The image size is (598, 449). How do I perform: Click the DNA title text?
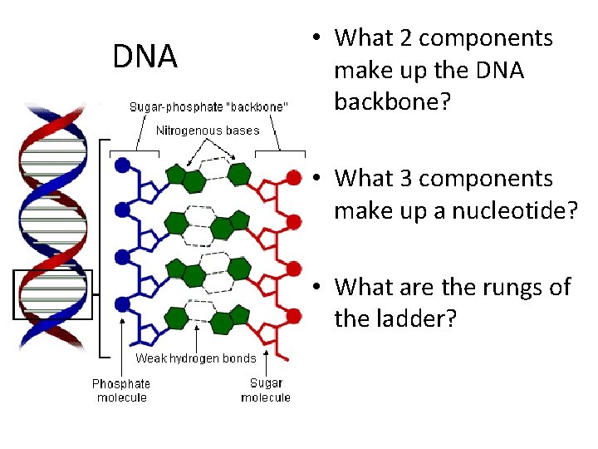145,57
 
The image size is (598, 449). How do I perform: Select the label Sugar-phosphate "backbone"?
209,107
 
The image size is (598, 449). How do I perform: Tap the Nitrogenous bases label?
208,130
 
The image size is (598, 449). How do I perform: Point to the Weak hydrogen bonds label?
196,358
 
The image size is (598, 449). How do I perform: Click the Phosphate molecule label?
120,390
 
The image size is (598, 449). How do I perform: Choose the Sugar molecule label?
266,390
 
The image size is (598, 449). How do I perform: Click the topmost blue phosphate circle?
123,165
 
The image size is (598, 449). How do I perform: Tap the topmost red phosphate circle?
293,176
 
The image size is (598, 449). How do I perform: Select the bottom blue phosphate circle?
123,303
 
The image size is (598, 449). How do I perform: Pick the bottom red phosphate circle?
293,315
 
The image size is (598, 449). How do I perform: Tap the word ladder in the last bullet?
420,318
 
